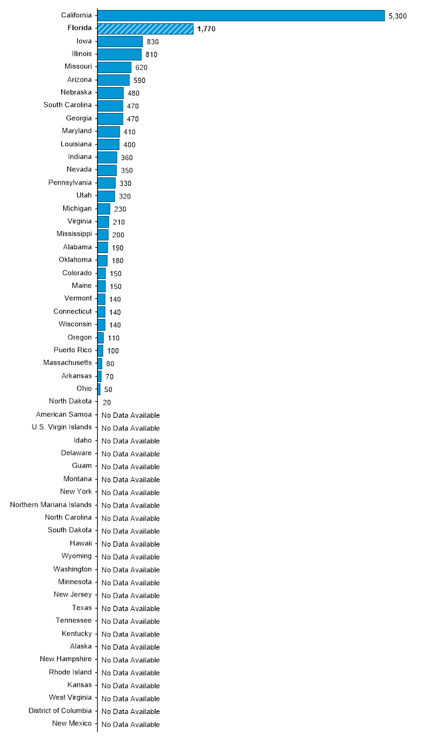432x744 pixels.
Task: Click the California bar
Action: point(241,15)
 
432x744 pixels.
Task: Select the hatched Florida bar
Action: point(146,29)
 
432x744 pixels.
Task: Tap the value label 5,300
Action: point(397,16)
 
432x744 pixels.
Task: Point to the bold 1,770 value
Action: point(207,29)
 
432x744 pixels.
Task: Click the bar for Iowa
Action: point(120,41)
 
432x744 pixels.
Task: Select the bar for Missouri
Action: point(114,67)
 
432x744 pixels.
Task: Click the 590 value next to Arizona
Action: point(139,80)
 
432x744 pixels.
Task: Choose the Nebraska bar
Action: point(110,92)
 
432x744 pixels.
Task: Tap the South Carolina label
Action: point(68,105)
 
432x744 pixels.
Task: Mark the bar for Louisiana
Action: point(108,144)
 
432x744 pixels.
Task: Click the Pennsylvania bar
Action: point(106,183)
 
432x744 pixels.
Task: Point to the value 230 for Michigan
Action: point(120,209)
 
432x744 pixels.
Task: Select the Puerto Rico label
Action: point(72,349)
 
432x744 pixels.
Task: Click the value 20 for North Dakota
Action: point(107,403)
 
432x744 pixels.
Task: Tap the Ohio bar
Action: point(99,389)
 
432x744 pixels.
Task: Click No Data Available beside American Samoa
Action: point(131,415)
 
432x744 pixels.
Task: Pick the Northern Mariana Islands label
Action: point(51,504)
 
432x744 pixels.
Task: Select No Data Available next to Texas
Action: point(131,608)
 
